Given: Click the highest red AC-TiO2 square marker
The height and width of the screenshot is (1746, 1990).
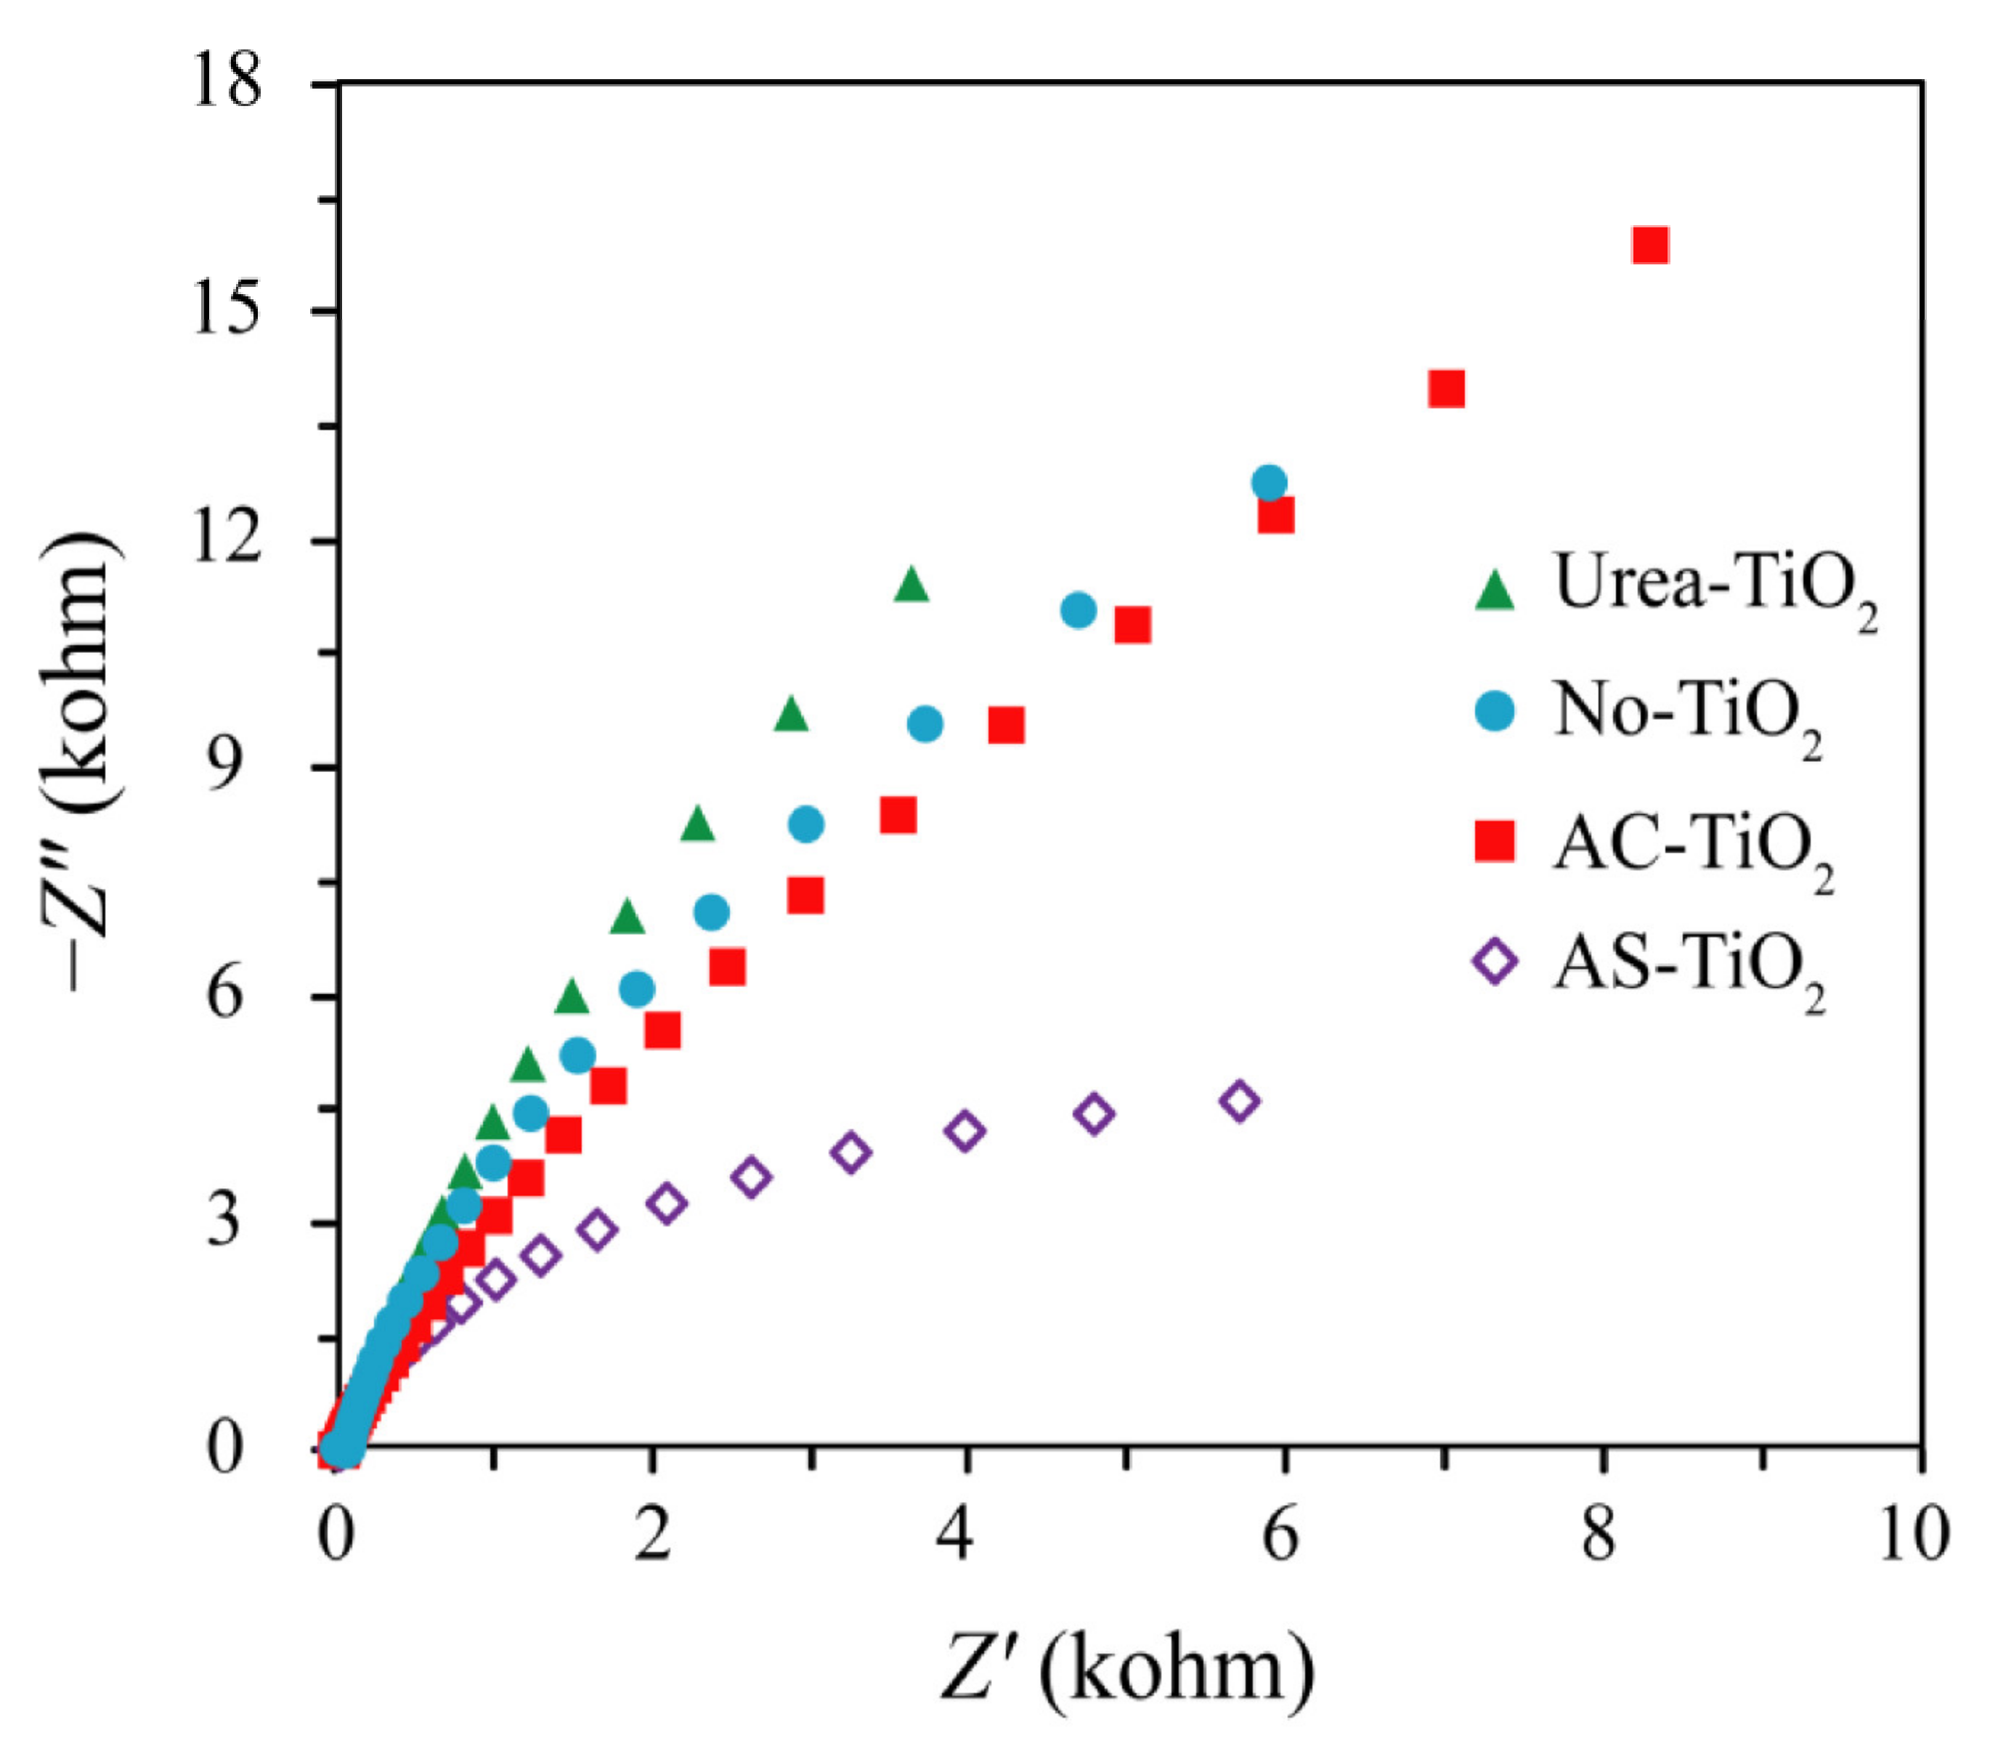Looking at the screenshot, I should (1650, 245).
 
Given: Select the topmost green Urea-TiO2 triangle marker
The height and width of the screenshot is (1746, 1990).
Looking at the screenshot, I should (911, 584).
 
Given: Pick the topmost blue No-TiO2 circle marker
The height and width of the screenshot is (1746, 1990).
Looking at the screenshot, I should (1269, 482).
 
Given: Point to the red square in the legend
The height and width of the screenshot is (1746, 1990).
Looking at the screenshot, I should (1495, 840).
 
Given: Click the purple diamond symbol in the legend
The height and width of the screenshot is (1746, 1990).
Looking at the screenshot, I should (1495, 962).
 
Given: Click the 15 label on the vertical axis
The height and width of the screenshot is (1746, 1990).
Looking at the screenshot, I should (226, 311).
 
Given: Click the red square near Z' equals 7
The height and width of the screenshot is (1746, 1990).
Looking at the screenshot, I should (1447, 389).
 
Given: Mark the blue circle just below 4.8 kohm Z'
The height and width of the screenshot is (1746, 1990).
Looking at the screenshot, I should (1078, 611).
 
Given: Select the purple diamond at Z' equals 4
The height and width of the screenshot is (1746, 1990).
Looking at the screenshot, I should (964, 1132).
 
